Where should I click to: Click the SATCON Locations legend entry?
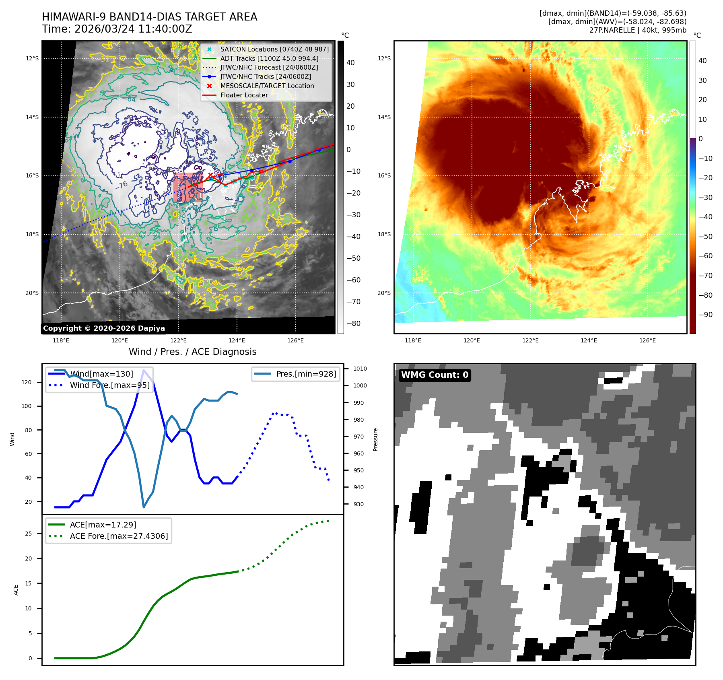tap(274, 49)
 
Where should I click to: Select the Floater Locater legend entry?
tap(244, 95)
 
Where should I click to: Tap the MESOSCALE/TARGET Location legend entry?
tap(267, 86)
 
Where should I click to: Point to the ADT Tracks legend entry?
tap(269, 58)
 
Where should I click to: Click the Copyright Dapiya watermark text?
tap(104, 328)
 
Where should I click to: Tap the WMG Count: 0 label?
tap(435, 375)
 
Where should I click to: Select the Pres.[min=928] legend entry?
tap(306, 374)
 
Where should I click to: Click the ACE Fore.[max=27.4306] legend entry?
tap(119, 536)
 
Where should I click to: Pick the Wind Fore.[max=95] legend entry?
tap(109, 385)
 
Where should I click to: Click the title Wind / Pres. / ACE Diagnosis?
tap(192, 352)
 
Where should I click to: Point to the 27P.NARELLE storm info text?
tap(638, 30)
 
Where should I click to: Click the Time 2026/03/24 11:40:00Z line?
tap(117, 29)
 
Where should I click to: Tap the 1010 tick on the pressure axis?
tap(360, 369)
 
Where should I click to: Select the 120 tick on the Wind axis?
tap(27, 382)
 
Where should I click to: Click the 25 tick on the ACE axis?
tap(28, 534)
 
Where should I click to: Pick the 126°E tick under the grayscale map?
tap(295, 341)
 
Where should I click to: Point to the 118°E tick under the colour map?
tap(413, 341)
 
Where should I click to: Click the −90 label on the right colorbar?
tap(705, 315)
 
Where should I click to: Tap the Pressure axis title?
tap(375, 439)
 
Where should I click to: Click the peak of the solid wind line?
tap(144, 370)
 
